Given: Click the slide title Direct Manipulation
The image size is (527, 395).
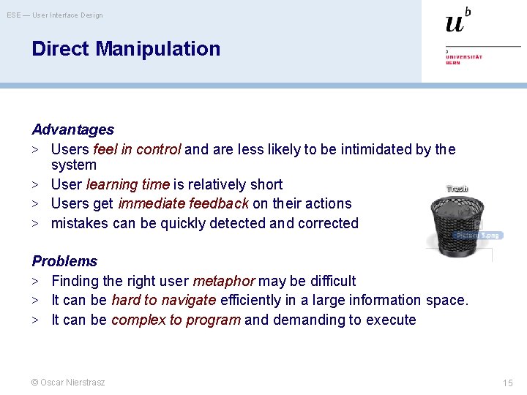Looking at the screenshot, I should click(x=126, y=49).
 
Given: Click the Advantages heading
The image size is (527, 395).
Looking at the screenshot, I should click(x=72, y=129).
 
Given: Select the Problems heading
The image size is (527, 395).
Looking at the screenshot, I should click(x=64, y=261).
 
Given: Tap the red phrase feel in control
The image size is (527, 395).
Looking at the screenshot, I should click(x=137, y=149).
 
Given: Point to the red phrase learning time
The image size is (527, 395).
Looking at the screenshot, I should click(x=127, y=184).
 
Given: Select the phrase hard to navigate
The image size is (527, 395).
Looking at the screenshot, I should click(x=163, y=300).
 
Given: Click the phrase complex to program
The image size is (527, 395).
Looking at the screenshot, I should click(x=176, y=320).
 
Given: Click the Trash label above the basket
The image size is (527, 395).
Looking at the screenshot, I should click(x=457, y=189).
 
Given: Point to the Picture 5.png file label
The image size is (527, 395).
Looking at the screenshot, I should click(x=478, y=236).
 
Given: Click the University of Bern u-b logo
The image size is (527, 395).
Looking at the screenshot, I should click(x=458, y=21).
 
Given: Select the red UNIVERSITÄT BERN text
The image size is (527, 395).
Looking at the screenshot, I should click(x=464, y=59).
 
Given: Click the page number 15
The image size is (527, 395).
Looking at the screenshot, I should click(x=508, y=383).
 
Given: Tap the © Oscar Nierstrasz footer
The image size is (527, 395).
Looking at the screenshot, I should click(x=68, y=382).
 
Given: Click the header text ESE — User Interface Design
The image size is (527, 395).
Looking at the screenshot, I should click(x=55, y=15).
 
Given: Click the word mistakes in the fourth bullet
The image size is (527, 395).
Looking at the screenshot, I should click(x=80, y=223).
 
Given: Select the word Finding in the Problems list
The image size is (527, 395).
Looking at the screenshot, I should click(x=75, y=281).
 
